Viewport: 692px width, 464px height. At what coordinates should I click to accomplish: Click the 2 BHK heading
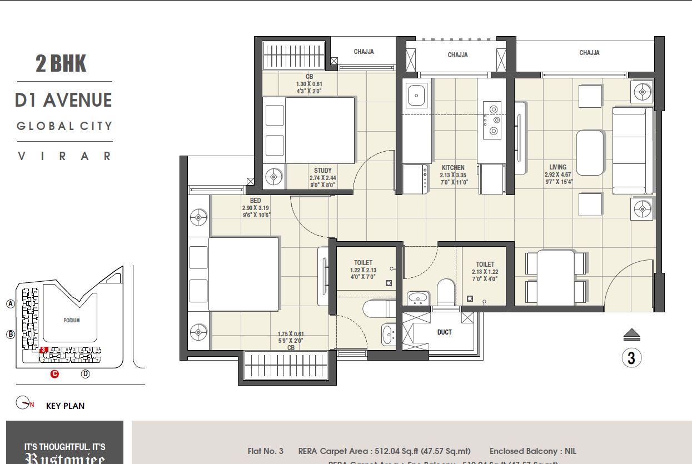(61, 64)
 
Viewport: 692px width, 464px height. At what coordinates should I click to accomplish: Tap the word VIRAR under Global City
(64, 156)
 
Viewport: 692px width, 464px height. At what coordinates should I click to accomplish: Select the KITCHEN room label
(453, 168)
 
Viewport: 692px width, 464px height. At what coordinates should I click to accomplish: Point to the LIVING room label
(558, 167)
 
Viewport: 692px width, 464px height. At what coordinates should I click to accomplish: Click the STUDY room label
(323, 171)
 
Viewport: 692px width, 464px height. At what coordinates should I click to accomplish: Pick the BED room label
(256, 201)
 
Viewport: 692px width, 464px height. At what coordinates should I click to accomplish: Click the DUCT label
(445, 332)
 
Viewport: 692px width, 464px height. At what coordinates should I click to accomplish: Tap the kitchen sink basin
(416, 96)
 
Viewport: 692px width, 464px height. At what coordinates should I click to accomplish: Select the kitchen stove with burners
(492, 120)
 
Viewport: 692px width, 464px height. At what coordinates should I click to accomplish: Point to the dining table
(556, 277)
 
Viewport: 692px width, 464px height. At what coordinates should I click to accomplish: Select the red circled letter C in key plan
(54, 374)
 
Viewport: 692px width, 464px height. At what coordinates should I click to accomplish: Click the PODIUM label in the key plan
(71, 321)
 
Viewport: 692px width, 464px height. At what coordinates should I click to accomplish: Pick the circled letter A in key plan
(10, 303)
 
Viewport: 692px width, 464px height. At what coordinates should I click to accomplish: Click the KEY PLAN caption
(65, 406)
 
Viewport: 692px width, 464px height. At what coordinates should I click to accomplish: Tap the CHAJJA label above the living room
(589, 53)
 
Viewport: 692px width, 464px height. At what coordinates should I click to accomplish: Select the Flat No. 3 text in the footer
(265, 451)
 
